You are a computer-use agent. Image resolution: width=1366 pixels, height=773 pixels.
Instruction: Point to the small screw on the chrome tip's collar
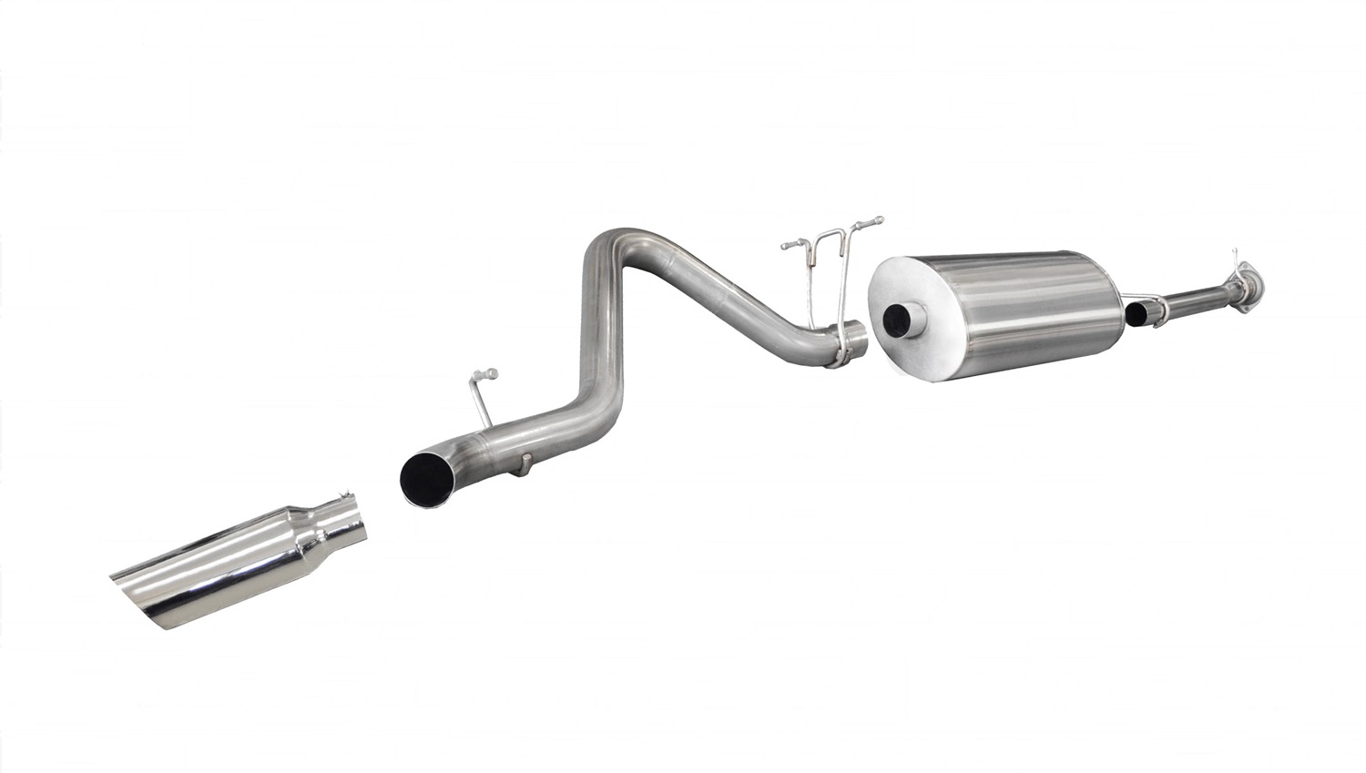(345, 496)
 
